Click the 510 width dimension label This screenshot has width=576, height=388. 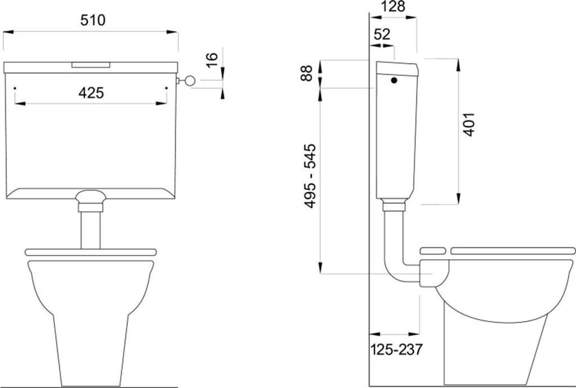click(x=93, y=20)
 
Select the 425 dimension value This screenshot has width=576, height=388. click(x=91, y=93)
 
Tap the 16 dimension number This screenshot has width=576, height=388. click(x=212, y=60)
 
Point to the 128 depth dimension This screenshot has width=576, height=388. click(x=393, y=6)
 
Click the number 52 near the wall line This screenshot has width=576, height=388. click(x=382, y=34)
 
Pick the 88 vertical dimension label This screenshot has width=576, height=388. click(x=307, y=73)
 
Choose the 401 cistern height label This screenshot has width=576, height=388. click(x=468, y=125)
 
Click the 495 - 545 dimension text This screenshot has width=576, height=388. click(x=310, y=176)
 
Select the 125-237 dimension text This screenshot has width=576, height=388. click(x=396, y=349)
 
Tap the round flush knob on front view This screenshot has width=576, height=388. click(x=190, y=81)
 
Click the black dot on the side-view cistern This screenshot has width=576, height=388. click(x=394, y=81)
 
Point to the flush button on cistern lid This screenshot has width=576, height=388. click(x=91, y=65)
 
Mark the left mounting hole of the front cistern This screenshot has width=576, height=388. click(x=15, y=88)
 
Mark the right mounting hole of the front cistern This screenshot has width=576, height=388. click(x=167, y=88)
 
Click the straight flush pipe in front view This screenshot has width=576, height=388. click(x=91, y=231)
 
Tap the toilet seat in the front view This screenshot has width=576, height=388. click(x=91, y=252)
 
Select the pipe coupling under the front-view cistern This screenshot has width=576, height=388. click(x=91, y=207)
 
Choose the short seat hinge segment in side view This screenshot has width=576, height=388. click(x=433, y=251)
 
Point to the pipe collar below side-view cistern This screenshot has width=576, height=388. click(x=394, y=207)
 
